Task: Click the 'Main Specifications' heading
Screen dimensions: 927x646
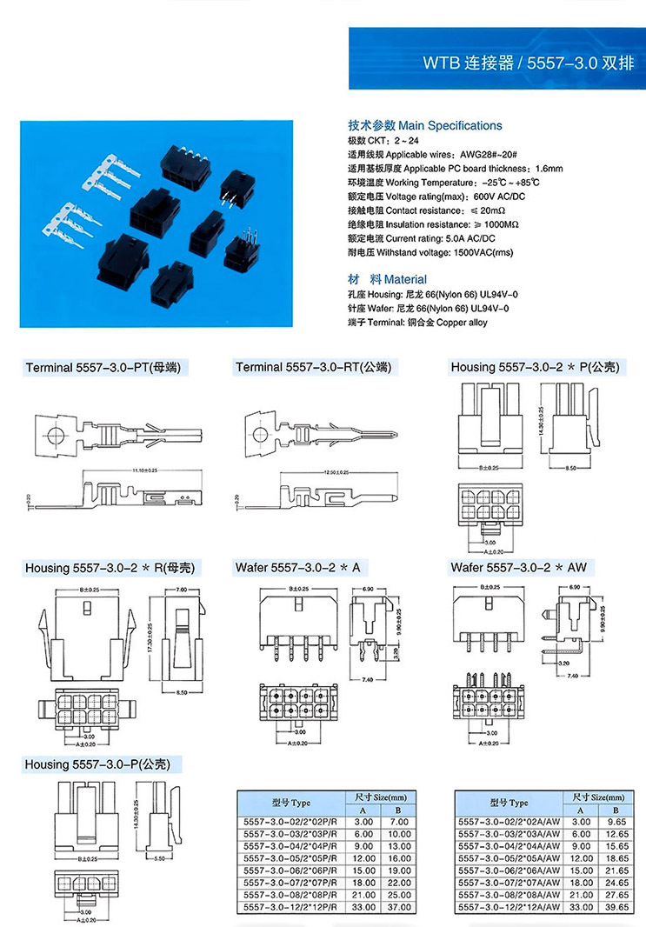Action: [x=450, y=125]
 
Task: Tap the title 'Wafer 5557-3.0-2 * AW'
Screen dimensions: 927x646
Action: [x=518, y=568]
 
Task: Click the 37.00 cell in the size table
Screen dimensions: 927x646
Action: [x=398, y=908]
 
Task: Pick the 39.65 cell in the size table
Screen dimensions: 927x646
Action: [x=616, y=908]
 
